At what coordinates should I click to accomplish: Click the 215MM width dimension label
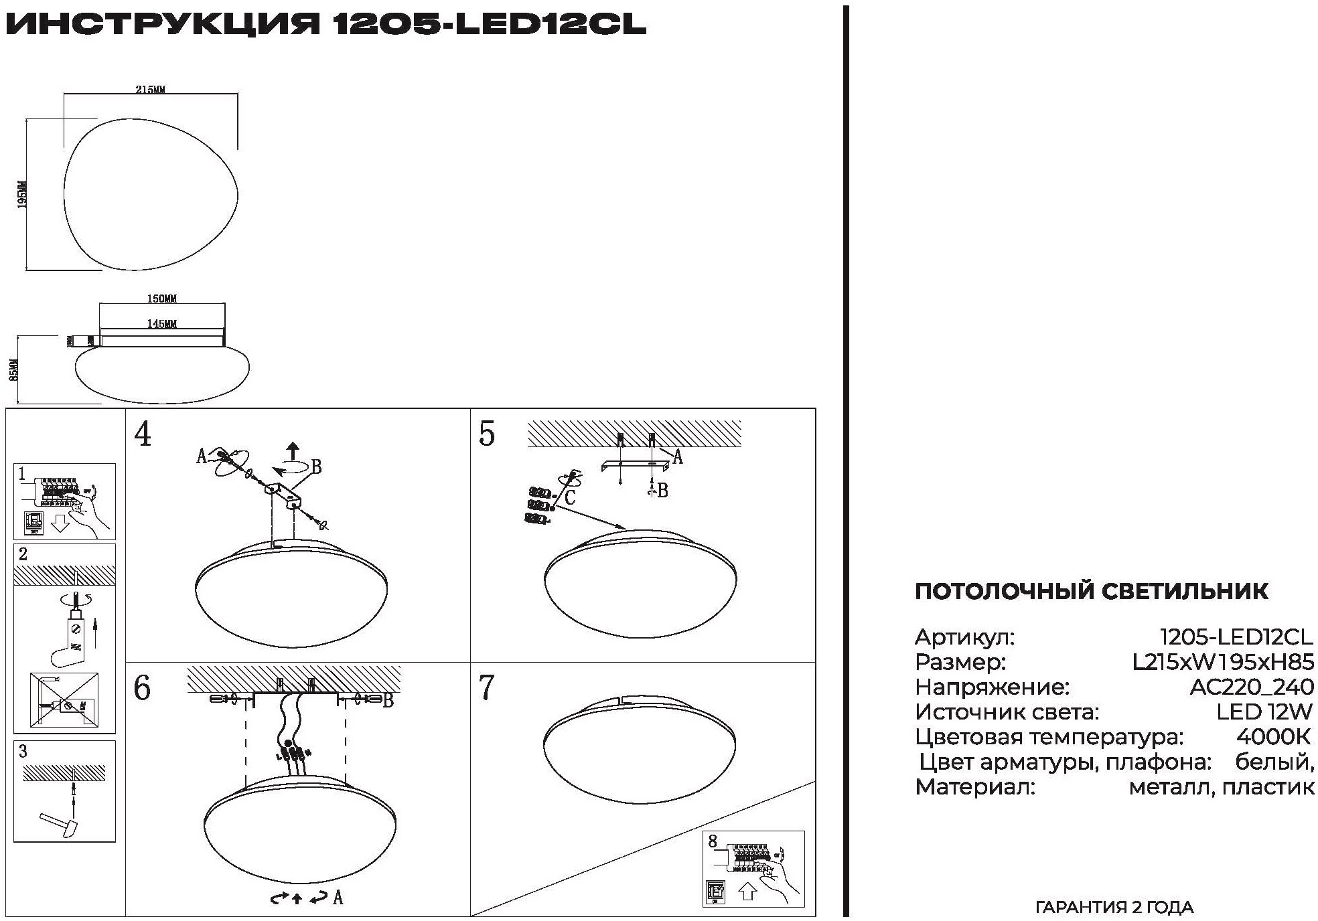(x=150, y=90)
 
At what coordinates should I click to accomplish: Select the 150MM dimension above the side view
(x=162, y=299)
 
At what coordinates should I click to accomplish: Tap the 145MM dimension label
(x=162, y=324)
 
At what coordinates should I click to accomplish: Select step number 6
(x=143, y=688)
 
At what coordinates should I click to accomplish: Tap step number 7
(x=487, y=688)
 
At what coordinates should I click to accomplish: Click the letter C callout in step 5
(x=570, y=497)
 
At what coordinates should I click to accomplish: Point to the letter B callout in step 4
(x=316, y=467)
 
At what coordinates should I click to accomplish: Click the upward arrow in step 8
(x=748, y=892)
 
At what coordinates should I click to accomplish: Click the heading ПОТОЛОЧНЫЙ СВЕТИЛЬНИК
(x=1091, y=592)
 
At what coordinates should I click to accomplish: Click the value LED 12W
(x=1264, y=712)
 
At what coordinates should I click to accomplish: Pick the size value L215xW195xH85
(x=1223, y=663)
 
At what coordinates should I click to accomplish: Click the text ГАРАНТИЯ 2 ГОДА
(x=1114, y=908)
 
